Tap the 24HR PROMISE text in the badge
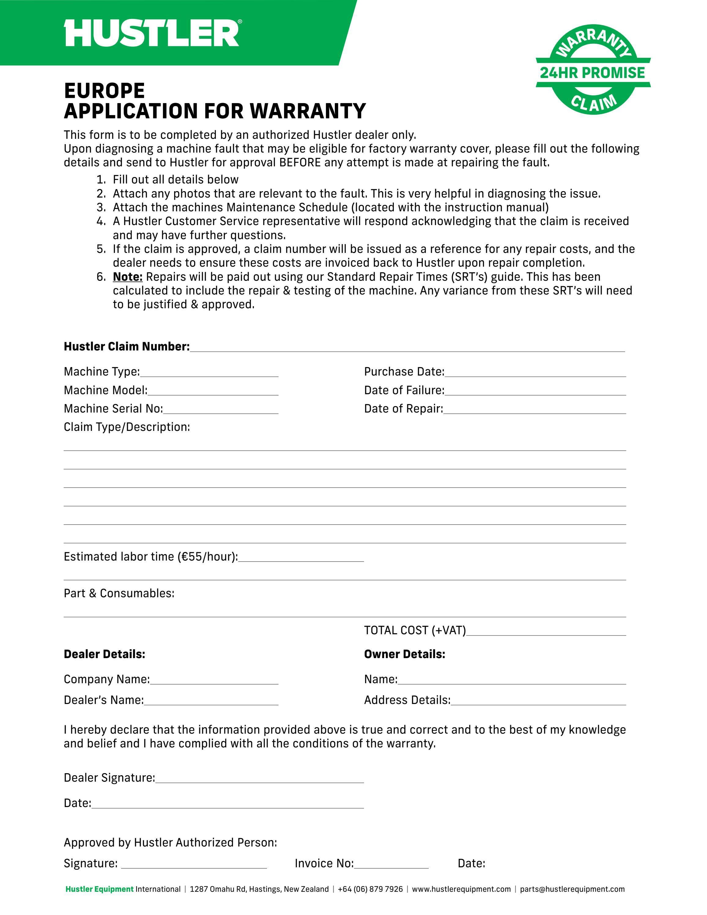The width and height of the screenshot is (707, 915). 592,73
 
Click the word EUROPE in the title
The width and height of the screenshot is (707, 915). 104,91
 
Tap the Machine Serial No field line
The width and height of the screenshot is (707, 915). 221,411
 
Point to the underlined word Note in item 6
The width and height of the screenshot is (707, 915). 128,277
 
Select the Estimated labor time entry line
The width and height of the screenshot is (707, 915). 301,558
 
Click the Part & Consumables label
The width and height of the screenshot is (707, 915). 119,593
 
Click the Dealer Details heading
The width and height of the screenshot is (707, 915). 104,654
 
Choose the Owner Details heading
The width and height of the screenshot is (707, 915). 404,654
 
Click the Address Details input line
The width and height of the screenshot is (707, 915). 538,702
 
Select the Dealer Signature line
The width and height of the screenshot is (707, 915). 259,780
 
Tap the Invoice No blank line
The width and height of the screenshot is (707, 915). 391,865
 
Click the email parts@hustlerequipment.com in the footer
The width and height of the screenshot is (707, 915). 572,889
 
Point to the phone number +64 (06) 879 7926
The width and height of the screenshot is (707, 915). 370,889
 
